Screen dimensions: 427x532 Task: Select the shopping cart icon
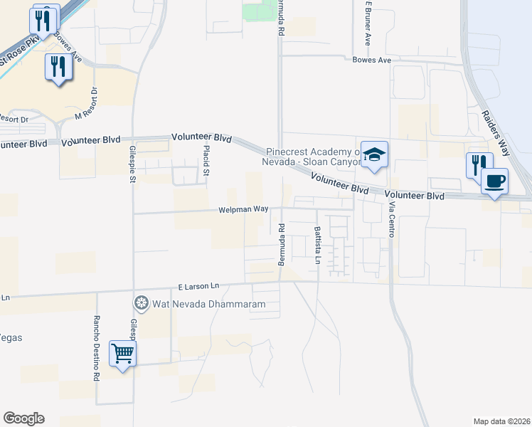122,352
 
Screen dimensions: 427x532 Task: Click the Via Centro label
391,219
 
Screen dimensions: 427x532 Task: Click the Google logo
23,418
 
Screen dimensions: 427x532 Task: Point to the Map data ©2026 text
501,421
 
